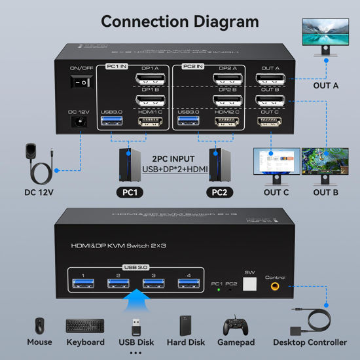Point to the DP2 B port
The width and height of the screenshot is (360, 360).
pos(225,102)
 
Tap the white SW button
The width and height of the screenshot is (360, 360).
pos(249,283)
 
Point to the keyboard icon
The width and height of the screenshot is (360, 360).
pos(84,325)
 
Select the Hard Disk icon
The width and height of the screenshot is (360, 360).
pos(187,325)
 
